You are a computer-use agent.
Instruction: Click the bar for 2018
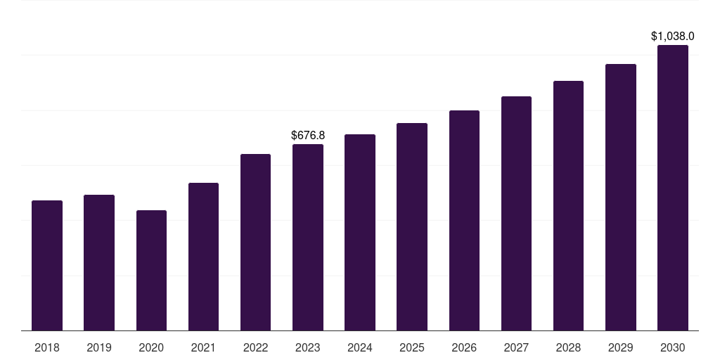[x=47, y=265]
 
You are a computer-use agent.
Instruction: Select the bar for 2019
[x=99, y=263]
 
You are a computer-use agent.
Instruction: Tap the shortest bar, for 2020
[x=152, y=271]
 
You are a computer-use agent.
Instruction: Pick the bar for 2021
[x=203, y=257]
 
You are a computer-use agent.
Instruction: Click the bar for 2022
[x=255, y=243]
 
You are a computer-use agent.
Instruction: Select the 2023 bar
[x=308, y=238]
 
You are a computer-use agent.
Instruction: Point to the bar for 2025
[x=412, y=227]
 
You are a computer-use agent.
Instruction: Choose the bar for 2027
[x=516, y=214]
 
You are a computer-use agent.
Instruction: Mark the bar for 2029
[x=621, y=198]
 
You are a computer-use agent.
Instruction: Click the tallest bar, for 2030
[x=673, y=188]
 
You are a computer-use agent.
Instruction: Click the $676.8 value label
[x=308, y=136]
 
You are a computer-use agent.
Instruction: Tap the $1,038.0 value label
[x=673, y=37]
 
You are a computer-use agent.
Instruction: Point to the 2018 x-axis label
[x=47, y=347]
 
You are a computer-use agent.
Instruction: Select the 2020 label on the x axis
[x=151, y=347]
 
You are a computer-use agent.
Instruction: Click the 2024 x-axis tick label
[x=359, y=347]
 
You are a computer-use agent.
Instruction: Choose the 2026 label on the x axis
[x=464, y=347]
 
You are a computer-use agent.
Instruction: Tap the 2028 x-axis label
[x=568, y=347]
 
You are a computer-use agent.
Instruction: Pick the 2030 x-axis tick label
[x=673, y=347]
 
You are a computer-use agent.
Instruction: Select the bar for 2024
[x=360, y=232]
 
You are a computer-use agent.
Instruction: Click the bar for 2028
[x=568, y=206]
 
